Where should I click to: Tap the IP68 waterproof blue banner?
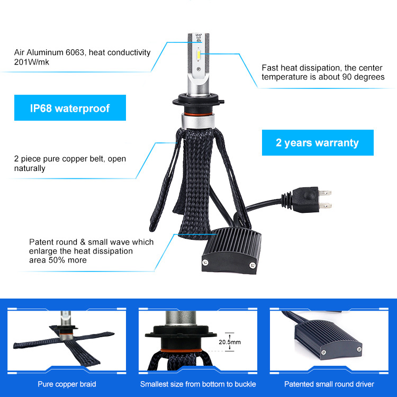pyautogui.click(x=70, y=107)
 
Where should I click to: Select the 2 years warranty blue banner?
pyautogui.click(x=318, y=142)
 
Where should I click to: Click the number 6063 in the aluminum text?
pyautogui.click(x=75, y=52)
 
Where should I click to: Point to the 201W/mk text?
pyautogui.click(x=32, y=62)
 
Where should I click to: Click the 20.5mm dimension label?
pyautogui.click(x=230, y=342)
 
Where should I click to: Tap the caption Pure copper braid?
pyautogui.click(x=67, y=384)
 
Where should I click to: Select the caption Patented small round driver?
pyautogui.click(x=329, y=384)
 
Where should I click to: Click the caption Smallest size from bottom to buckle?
pyautogui.click(x=198, y=384)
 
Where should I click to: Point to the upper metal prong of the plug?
pyautogui.click(x=325, y=193)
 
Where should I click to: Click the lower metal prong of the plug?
pyautogui.click(x=326, y=205)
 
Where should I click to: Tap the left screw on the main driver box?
pyautogui.click(x=205, y=263)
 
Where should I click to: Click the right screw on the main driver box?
pyautogui.click(x=252, y=265)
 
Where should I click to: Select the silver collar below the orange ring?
pyautogui.click(x=198, y=121)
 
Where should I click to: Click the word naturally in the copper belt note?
pyautogui.click(x=30, y=168)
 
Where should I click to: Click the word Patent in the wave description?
pyautogui.click(x=41, y=242)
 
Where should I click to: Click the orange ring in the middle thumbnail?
pyautogui.click(x=181, y=350)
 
